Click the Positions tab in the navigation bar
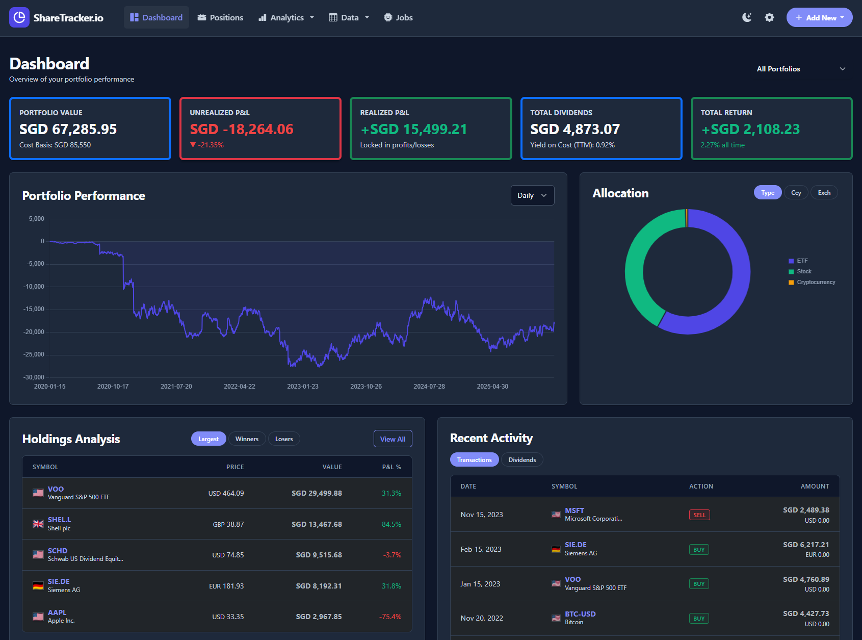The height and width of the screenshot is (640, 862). [x=220, y=18]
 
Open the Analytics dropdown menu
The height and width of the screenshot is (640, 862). [x=286, y=18]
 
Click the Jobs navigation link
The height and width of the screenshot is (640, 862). [x=398, y=18]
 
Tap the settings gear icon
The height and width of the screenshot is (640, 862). [x=769, y=18]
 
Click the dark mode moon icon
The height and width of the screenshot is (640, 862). [x=747, y=18]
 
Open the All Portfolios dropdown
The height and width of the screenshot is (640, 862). [x=800, y=69]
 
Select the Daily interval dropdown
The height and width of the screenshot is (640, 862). [x=532, y=195]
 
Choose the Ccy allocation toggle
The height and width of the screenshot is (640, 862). [x=796, y=193]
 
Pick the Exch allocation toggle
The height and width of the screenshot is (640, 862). [x=824, y=193]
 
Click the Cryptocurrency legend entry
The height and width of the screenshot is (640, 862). [x=816, y=283]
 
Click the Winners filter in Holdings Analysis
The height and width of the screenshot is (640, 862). [x=247, y=439]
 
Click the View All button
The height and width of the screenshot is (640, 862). [x=393, y=439]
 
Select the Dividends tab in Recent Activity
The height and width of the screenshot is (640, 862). [x=522, y=460]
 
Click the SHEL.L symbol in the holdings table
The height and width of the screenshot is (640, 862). [x=59, y=520]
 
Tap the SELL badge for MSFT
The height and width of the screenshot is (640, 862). [x=699, y=515]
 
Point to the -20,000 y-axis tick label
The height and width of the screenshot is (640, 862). [x=34, y=332]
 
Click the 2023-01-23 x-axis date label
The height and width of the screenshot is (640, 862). [x=302, y=387]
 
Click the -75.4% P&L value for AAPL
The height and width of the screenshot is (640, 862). [x=390, y=617]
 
